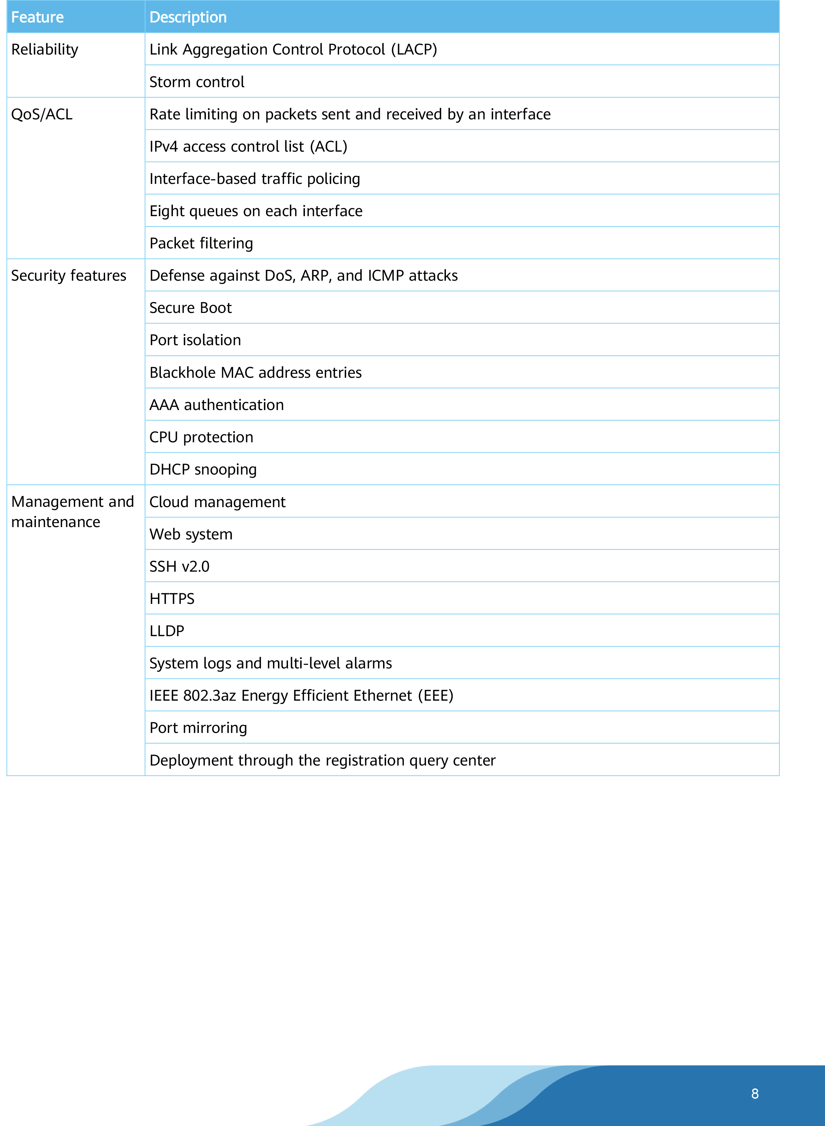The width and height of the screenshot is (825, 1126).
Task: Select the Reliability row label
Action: tap(45, 50)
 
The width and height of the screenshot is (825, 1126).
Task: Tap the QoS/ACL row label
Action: tap(42, 114)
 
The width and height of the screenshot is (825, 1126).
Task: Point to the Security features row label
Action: tap(69, 276)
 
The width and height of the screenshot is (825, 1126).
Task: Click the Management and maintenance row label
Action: tap(72, 511)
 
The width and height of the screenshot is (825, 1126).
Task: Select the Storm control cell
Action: tap(197, 82)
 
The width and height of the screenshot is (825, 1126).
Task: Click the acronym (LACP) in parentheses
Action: tap(414, 50)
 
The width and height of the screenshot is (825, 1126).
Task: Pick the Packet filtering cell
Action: tap(201, 243)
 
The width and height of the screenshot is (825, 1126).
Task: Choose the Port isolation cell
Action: tap(195, 340)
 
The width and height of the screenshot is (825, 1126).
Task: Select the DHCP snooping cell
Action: tap(203, 469)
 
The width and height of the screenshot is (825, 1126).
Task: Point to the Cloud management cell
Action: tap(217, 502)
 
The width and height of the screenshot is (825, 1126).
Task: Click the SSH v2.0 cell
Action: tap(179, 566)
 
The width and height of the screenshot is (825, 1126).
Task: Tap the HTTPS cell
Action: tap(172, 599)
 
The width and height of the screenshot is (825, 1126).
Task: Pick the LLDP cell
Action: tap(167, 631)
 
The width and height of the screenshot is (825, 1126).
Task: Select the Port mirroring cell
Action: tap(198, 728)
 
